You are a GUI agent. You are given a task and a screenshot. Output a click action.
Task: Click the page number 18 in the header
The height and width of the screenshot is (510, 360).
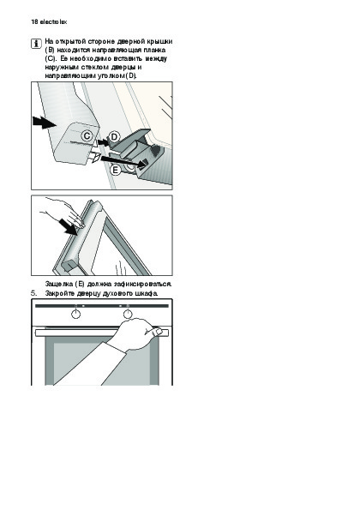click(x=34, y=22)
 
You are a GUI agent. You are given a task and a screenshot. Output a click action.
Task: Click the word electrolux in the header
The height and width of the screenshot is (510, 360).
click(x=53, y=22)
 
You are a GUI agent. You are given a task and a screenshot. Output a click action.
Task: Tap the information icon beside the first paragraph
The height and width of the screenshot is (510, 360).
click(x=36, y=44)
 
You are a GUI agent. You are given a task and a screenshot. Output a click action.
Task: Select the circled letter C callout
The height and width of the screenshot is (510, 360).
click(x=87, y=135)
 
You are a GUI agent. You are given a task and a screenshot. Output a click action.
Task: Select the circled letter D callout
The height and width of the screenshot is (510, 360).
click(x=114, y=137)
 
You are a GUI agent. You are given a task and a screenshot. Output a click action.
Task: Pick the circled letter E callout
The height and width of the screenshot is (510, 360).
click(x=116, y=170)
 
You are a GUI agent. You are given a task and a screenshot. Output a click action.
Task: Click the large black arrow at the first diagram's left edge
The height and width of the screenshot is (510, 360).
click(x=45, y=123)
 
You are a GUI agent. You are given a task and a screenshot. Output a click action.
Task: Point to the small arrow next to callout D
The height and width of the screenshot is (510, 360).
click(x=104, y=141)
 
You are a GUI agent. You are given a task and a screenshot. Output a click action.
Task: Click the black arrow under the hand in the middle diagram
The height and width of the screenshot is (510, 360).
click(x=68, y=226)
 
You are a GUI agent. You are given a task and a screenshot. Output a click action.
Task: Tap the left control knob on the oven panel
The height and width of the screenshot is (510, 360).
click(x=75, y=314)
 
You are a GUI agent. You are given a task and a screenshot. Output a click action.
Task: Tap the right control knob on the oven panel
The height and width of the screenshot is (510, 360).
click(x=128, y=314)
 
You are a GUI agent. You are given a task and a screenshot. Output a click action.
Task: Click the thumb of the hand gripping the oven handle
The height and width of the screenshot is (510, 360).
click(x=155, y=332)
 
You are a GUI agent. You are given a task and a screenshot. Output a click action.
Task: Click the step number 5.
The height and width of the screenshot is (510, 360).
click(x=34, y=293)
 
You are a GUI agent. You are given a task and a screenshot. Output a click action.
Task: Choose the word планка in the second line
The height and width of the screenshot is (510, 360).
click(x=154, y=50)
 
